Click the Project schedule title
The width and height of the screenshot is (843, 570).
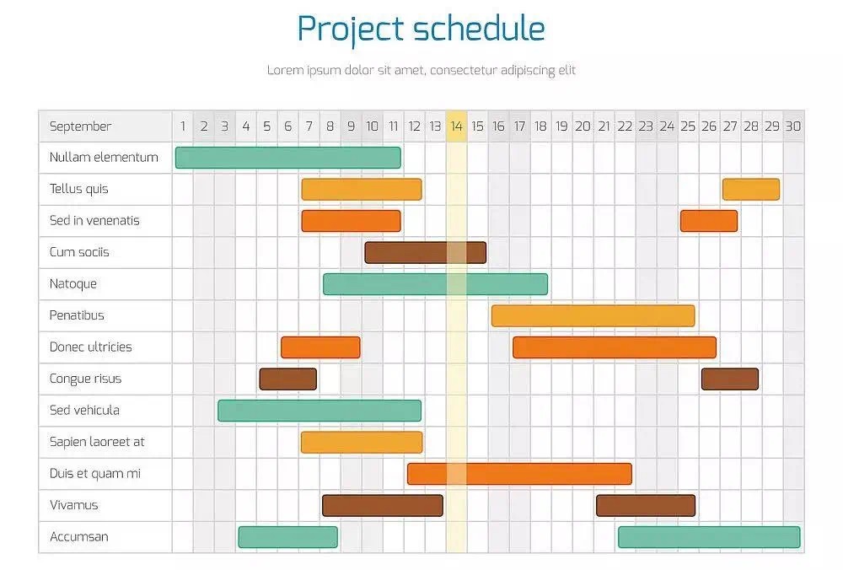point(421,29)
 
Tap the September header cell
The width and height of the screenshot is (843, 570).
point(105,126)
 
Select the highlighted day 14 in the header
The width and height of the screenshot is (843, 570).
point(456,126)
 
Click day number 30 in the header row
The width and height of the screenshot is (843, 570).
point(793,126)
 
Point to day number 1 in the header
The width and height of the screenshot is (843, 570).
point(183,126)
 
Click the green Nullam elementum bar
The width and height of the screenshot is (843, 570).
point(288,158)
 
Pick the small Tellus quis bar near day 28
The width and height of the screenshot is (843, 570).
point(751,189)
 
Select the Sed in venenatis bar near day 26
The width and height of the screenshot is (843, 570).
point(709,221)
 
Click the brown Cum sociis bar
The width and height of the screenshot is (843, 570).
point(425,253)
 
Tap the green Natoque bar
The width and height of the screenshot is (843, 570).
point(436,284)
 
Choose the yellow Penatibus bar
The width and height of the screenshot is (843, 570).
point(593,315)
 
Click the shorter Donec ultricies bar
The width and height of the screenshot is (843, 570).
point(320,347)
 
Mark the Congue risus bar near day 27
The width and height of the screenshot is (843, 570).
point(730,379)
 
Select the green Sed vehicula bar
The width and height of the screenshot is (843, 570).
point(319,411)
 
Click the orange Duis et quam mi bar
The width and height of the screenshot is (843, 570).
point(519,474)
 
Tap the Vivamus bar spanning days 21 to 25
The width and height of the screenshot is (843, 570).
point(646,505)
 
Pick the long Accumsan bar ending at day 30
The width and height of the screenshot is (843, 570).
point(709,537)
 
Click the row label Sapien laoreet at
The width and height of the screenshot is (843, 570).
point(97,442)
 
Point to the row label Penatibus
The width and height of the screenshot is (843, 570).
point(77,315)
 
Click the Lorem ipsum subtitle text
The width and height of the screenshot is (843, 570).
point(421,71)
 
